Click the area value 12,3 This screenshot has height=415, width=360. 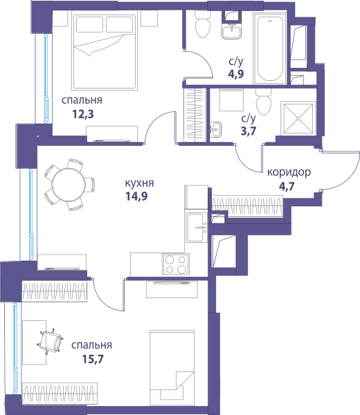tap(83, 114)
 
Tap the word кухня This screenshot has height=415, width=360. tap(139, 183)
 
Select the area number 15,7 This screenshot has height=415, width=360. tap(93, 359)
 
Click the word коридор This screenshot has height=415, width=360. tap(289, 172)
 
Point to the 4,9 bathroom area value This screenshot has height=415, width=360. tap(236, 74)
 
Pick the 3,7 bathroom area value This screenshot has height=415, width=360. tap(249, 131)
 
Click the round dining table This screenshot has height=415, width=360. tap(69, 185)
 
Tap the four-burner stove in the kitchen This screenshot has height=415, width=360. tap(176, 264)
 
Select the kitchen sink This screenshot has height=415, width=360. tap(197, 228)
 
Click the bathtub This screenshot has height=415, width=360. tap(270, 48)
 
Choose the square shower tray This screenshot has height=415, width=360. tap(298, 118)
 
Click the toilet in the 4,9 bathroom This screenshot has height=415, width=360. tap(203, 24)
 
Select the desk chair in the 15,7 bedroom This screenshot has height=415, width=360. tap(51, 341)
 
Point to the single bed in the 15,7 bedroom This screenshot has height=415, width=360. tap(172, 368)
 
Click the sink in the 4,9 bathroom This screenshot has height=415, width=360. tap(231, 31)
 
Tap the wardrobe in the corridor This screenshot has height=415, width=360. tap(246, 206)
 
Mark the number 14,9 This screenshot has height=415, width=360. tap(136, 196)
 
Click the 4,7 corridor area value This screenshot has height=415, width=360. tap(287, 187)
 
